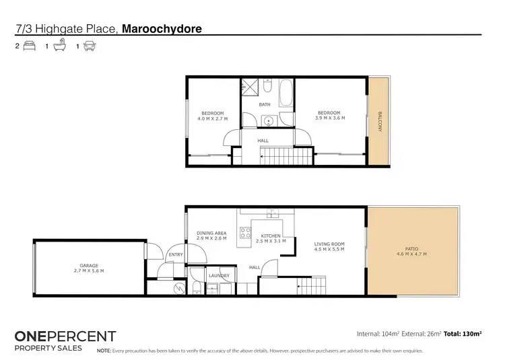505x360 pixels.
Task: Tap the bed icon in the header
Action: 28,47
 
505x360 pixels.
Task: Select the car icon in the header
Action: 89,47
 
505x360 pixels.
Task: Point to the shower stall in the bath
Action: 250,88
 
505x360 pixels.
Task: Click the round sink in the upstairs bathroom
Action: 269,121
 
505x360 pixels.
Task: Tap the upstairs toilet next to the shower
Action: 267,87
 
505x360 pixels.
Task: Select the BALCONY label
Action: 379,122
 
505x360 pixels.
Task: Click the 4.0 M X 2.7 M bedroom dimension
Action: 212,118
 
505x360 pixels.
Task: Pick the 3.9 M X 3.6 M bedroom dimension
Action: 329,118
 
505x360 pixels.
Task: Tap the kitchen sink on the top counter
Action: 272,213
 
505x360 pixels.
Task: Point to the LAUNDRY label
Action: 219,275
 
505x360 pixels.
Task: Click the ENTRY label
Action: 176,254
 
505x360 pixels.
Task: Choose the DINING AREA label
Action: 211,233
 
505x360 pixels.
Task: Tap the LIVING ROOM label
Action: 329,244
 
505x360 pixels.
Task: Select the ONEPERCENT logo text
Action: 65,336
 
